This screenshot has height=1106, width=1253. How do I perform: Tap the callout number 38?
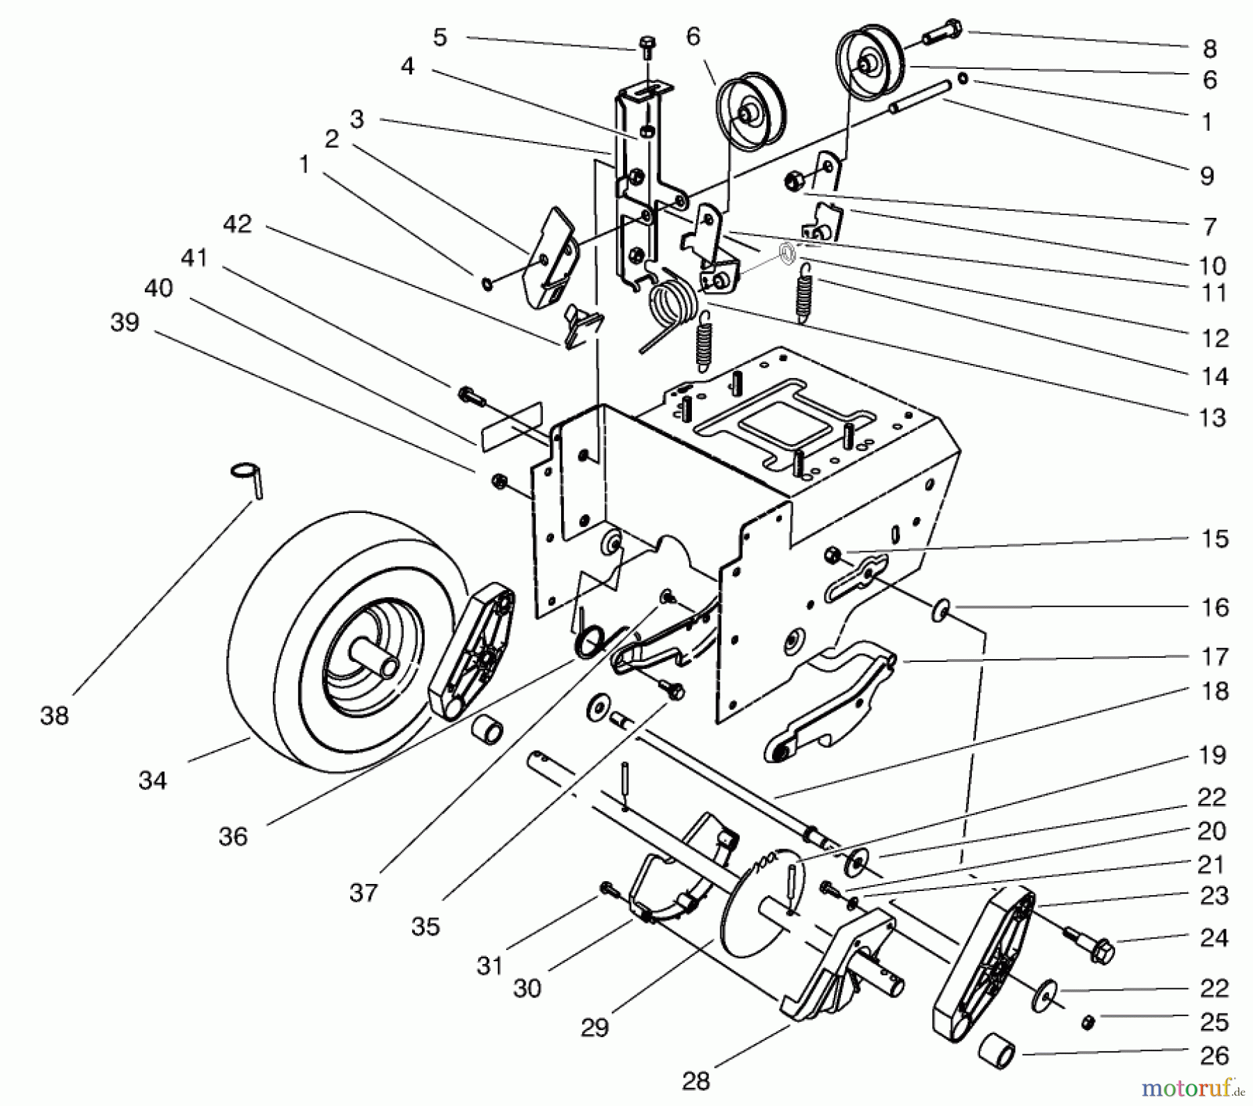(55, 716)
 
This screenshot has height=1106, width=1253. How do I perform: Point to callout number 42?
(237, 224)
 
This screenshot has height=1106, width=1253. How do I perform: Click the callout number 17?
(1215, 656)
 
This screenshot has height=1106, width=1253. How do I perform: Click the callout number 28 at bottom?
(695, 1080)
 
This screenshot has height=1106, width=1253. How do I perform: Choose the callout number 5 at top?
(439, 38)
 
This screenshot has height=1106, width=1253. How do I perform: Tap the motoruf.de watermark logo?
(1198, 1087)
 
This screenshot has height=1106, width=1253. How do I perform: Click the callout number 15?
(1215, 539)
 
